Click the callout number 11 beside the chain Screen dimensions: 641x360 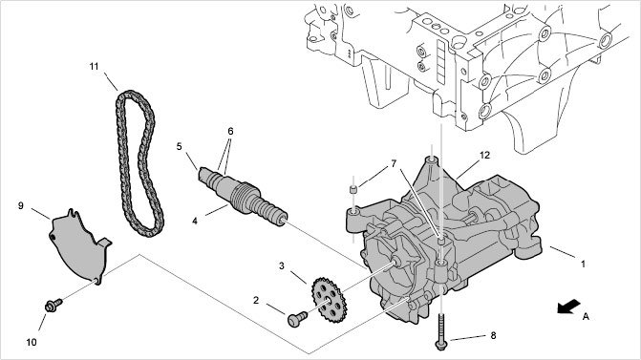(94, 66)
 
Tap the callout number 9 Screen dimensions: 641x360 (21, 205)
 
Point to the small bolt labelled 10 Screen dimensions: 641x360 (53, 306)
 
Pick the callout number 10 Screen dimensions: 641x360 (32, 342)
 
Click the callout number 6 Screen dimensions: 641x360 (230, 131)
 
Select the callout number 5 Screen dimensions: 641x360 (179, 146)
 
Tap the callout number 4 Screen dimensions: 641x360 (195, 221)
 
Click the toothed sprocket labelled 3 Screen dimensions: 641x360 (330, 300)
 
